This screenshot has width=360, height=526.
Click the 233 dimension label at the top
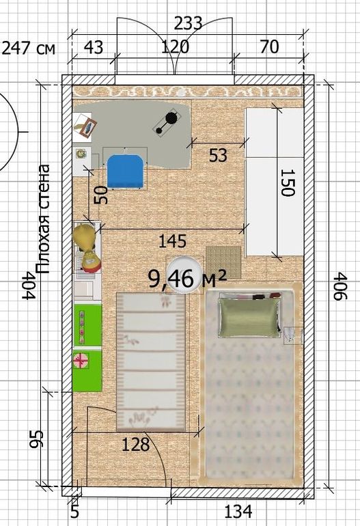(x=188, y=23)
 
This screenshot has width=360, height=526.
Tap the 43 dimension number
(x=94, y=47)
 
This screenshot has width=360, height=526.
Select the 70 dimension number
(x=269, y=46)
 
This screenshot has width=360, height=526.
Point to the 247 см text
(x=28, y=49)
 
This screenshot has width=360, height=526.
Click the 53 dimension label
(x=218, y=155)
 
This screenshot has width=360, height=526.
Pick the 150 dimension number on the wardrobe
(x=288, y=182)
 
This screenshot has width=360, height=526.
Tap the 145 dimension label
(x=172, y=241)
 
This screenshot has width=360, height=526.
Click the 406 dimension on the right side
(x=342, y=286)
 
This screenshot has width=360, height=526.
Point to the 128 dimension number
(x=135, y=445)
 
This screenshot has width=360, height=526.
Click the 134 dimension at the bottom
(x=238, y=512)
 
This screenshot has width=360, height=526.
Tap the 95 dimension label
(x=36, y=439)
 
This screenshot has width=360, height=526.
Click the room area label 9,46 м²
(x=188, y=279)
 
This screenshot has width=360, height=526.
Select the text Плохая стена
(x=42, y=219)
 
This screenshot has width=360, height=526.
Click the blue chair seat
(x=126, y=171)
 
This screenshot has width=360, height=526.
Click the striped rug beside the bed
(x=151, y=361)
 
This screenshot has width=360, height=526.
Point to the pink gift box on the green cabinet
(x=81, y=361)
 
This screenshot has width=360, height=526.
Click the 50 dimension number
(x=101, y=195)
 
